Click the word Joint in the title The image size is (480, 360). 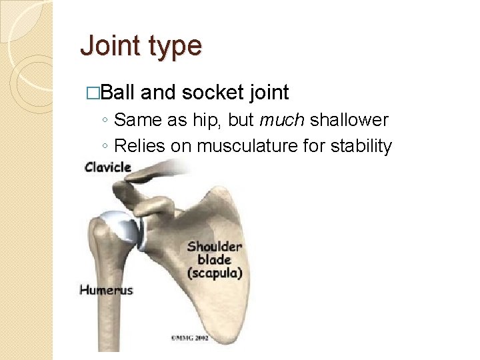pos(109,46)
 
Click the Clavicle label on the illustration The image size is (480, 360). pos(108,167)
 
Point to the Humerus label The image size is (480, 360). pos(106,289)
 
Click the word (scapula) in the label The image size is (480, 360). pos(215,273)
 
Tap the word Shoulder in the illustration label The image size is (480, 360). pos(215,247)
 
